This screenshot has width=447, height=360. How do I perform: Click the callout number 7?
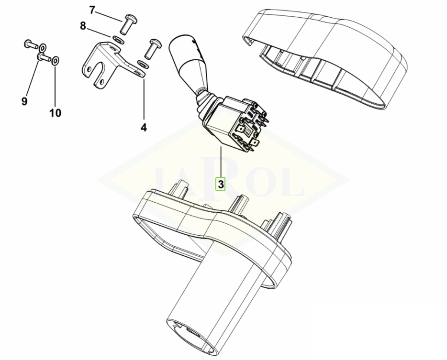91,10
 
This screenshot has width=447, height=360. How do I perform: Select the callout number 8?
83,26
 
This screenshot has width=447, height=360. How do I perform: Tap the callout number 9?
24,101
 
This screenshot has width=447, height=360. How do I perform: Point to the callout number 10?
56,113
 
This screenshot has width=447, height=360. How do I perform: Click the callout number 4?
144,127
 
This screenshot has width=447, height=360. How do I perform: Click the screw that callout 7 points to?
129,24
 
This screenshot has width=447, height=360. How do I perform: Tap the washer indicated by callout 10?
56,60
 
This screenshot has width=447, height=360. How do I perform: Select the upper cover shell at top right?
325,57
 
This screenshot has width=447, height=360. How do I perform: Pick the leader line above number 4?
144,99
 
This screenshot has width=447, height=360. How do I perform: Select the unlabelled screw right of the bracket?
154,47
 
